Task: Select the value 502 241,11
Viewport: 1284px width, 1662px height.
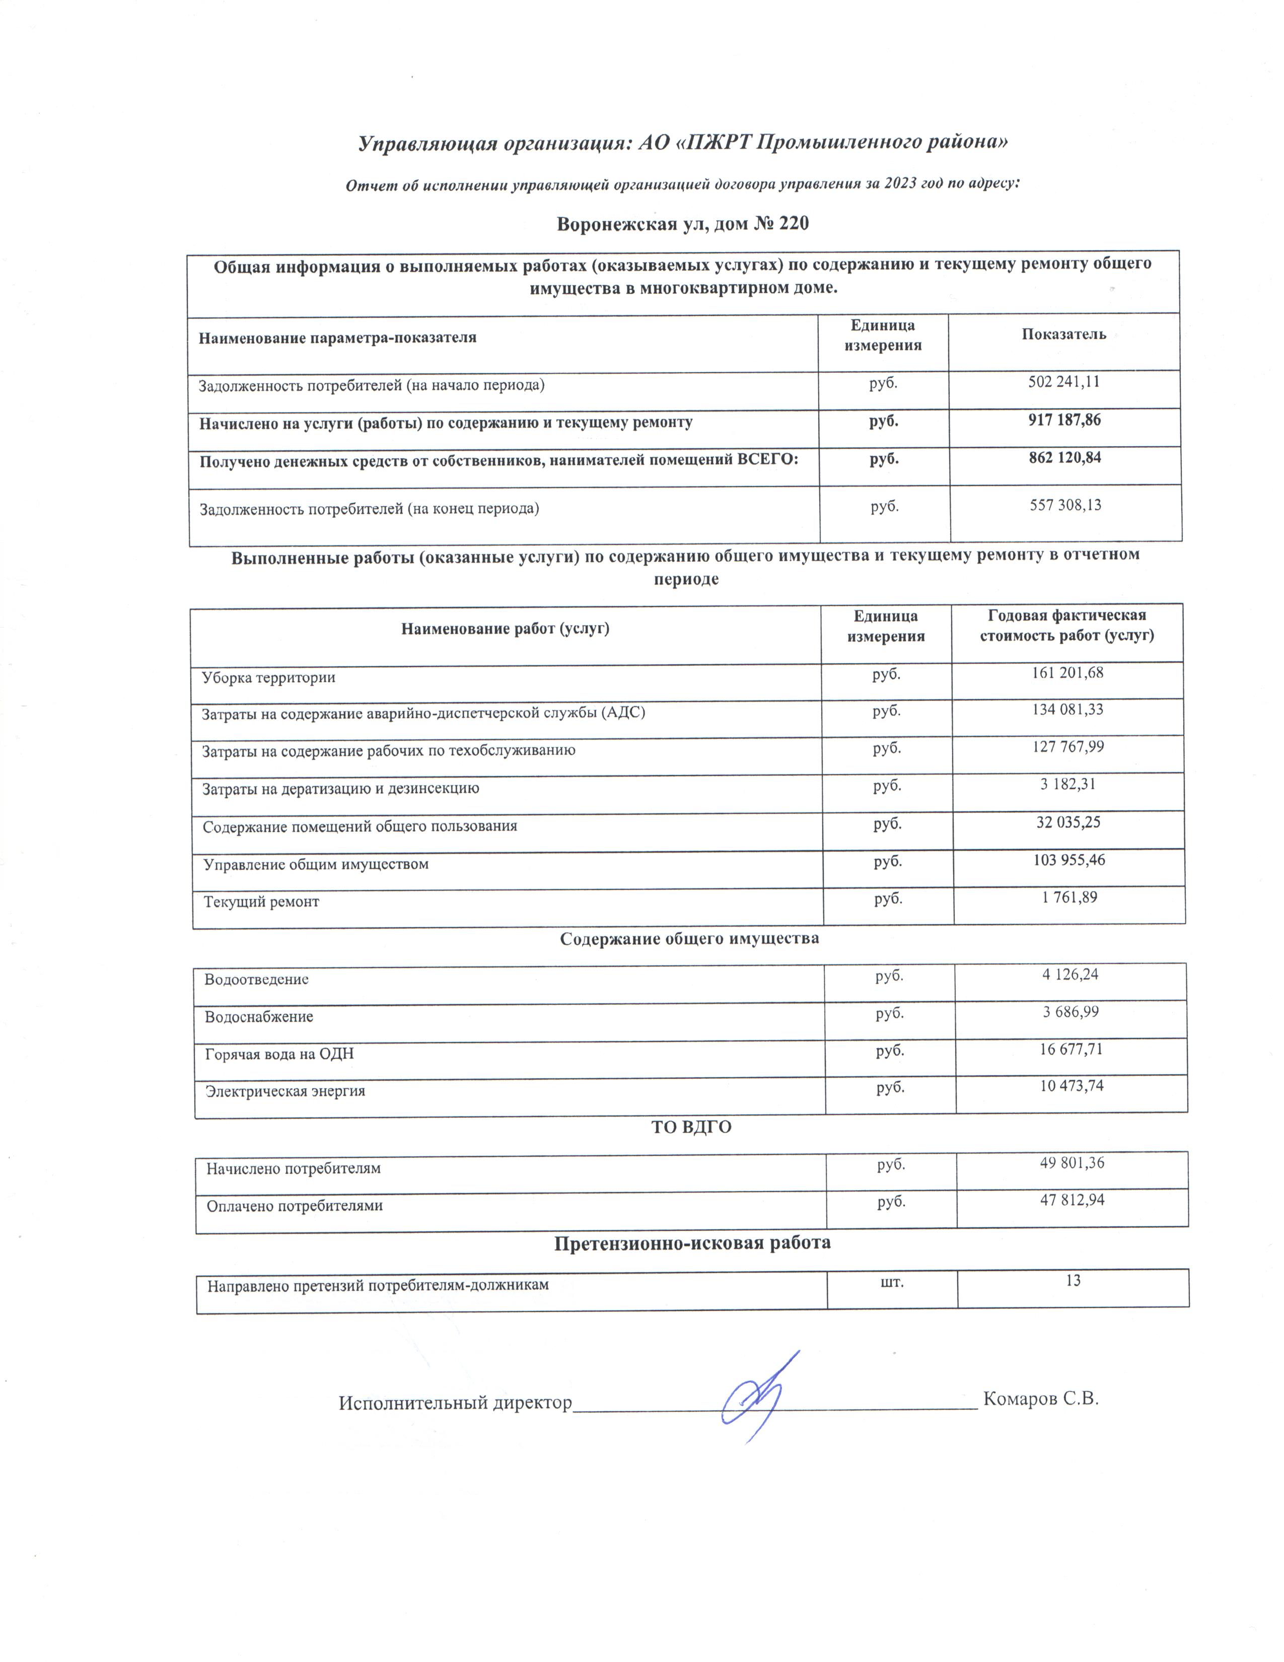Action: [1063, 382]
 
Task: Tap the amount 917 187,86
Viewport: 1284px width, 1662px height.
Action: [1064, 420]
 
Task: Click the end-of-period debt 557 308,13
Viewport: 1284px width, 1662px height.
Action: [1065, 505]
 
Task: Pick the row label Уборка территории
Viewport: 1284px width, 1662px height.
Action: [268, 677]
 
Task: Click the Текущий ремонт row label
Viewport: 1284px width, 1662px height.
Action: [261, 902]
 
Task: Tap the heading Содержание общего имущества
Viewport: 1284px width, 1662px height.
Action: [689, 938]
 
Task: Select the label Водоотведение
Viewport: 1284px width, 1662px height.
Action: [256, 980]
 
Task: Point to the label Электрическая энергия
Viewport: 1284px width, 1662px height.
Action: [285, 1091]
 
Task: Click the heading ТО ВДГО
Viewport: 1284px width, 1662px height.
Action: [691, 1127]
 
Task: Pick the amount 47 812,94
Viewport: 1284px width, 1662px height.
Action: [1073, 1200]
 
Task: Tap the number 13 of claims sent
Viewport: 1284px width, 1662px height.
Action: [1073, 1280]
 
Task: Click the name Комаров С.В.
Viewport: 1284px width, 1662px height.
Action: [1041, 1398]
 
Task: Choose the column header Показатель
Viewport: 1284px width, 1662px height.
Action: [1063, 334]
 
